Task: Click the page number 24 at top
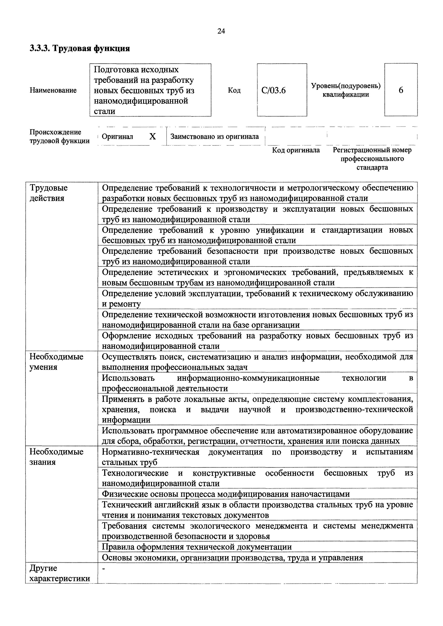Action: click(x=221, y=31)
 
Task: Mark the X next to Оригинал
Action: click(x=153, y=137)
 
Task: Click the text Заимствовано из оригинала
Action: click(x=215, y=136)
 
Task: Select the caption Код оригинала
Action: click(x=296, y=150)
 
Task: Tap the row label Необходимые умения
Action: click(x=56, y=362)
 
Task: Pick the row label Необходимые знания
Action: click(x=56, y=457)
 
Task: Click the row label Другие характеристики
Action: click(x=60, y=573)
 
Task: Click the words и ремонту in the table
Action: click(x=121, y=304)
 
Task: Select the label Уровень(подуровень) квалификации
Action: click(x=346, y=90)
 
